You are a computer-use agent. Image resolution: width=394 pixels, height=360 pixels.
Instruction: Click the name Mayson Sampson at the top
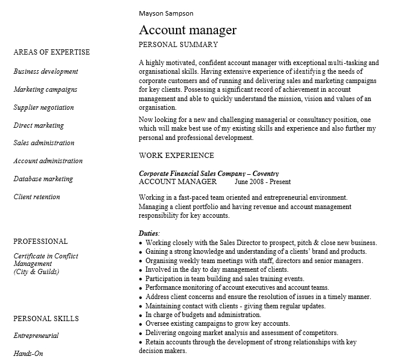click(166, 13)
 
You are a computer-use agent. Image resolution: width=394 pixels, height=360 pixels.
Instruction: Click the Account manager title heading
click(188, 30)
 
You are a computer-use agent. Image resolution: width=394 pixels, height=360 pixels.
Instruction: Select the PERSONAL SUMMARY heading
click(178, 45)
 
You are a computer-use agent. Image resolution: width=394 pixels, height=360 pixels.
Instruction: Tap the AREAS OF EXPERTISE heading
click(52, 52)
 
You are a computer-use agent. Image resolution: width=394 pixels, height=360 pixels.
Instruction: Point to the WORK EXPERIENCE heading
click(177, 156)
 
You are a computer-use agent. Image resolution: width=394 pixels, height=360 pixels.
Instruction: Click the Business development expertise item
click(46, 71)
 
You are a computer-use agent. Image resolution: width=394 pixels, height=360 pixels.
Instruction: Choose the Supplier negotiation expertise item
click(44, 107)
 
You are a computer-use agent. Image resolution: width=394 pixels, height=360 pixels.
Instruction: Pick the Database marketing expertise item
click(44, 179)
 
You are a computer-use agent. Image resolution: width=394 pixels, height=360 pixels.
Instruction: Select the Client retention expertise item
click(37, 197)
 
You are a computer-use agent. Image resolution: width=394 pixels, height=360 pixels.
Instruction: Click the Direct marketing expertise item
click(38, 125)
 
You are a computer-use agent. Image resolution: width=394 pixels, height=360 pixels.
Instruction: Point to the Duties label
click(149, 233)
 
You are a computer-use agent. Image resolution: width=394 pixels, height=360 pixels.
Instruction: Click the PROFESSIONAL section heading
click(41, 242)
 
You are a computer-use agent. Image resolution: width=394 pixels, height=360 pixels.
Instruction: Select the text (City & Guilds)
click(36, 272)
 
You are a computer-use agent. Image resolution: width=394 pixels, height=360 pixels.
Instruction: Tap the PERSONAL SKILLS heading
click(46, 319)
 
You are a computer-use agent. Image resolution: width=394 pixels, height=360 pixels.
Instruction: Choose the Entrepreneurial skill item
click(36, 336)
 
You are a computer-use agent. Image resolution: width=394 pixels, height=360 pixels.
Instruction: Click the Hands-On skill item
click(28, 354)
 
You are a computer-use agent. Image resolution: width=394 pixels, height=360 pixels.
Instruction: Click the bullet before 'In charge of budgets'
click(141, 315)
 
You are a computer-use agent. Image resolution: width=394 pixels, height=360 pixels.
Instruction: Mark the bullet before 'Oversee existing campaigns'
click(141, 324)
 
